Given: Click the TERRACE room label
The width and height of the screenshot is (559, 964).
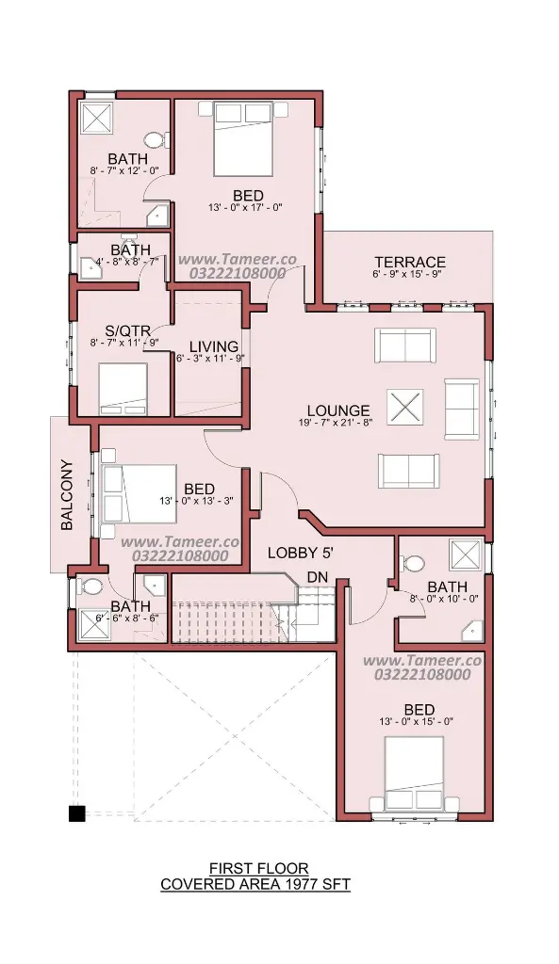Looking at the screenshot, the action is pos(410,263).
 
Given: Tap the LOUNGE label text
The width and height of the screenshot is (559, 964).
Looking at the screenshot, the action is pos(338,410).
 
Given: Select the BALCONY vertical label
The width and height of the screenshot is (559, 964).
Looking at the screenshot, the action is pos(67,495).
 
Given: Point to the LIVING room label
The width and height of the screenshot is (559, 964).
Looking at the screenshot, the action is pos(214,346).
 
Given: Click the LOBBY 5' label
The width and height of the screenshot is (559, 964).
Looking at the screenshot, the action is pos(301,553).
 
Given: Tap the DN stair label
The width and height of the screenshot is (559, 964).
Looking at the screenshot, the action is pos(317,578).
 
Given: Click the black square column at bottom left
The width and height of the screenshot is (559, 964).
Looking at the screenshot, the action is pos(76,813).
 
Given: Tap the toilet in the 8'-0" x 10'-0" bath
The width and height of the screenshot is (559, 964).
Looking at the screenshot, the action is pos(413,563).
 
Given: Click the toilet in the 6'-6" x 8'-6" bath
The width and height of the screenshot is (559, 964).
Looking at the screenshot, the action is pos(90,586).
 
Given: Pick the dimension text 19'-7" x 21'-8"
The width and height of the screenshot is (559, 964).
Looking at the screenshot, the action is pos(338,422).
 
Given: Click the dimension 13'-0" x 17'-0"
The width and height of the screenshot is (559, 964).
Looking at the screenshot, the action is pos(245,208).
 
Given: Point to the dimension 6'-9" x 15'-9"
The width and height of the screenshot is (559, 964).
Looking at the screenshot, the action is pos(408,274).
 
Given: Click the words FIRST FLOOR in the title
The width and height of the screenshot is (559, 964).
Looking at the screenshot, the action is pos(258,869).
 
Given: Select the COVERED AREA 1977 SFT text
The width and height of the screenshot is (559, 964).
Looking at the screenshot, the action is pos(255,885).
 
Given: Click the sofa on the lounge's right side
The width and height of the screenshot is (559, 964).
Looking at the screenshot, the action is pos(462,410).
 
